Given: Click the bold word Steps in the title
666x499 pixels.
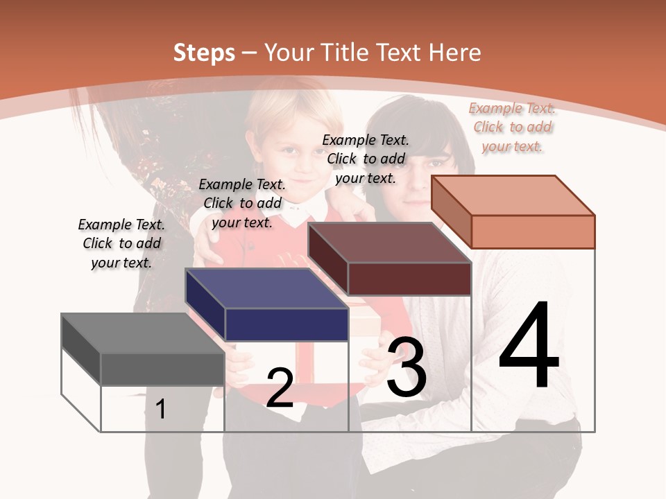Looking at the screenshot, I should pos(204,53).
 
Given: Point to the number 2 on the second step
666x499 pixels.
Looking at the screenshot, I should pos(280,388).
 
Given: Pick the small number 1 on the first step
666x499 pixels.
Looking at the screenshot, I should pos(161,409).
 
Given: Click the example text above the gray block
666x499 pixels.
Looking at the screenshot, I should pos(121,243).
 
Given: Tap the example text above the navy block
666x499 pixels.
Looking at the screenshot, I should pos(242,203).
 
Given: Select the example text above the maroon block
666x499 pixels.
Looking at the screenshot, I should pos(366,159).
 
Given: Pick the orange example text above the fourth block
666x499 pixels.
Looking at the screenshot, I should pos(512,127).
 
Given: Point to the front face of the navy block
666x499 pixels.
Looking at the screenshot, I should pos(287,324).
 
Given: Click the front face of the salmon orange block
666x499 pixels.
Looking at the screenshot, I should pos(533,231).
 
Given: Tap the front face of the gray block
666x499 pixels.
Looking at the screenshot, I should pos(162,369).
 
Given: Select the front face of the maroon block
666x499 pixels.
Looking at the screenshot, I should pos(409,279).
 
